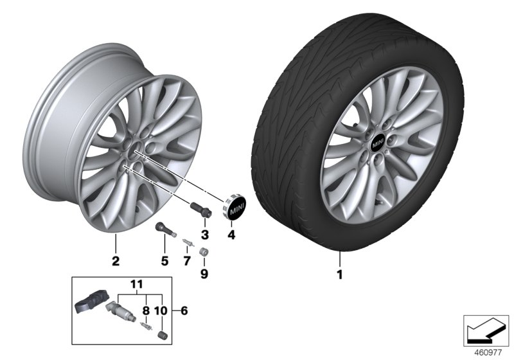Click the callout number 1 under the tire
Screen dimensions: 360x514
pyautogui.click(x=341, y=276)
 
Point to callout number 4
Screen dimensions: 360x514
pyautogui.click(x=232, y=235)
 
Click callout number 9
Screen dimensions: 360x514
pyautogui.click(x=205, y=273)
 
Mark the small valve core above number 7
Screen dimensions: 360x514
pyautogui.click(x=186, y=243)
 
